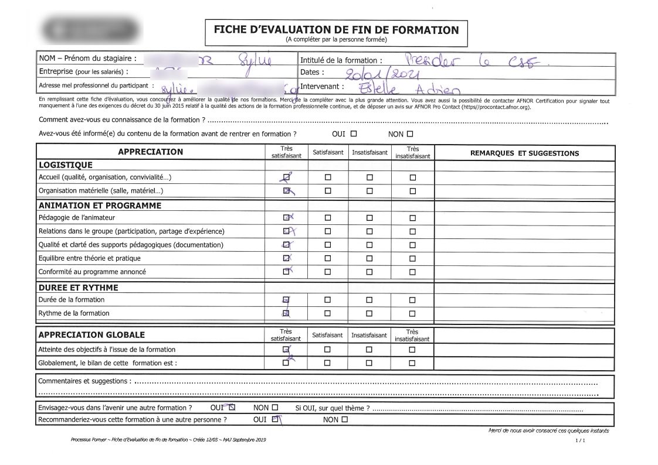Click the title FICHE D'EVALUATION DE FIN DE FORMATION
[x=336, y=29]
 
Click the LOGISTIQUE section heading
[x=66, y=165]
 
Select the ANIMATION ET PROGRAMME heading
[x=100, y=206]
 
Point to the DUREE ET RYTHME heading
[x=78, y=288]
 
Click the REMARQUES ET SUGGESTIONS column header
[x=524, y=153]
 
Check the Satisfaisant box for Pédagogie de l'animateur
[x=328, y=218]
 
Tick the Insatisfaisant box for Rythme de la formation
[x=369, y=313]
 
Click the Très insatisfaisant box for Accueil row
[x=413, y=177]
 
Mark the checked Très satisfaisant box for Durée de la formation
[x=286, y=300]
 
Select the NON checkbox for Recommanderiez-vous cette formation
[x=344, y=419]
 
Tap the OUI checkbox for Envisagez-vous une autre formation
[x=232, y=407]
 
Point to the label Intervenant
[x=321, y=86]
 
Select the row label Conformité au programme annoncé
[x=92, y=272]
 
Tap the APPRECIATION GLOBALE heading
[x=91, y=335]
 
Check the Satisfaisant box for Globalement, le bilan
[x=328, y=363]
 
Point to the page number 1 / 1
[x=581, y=440]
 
